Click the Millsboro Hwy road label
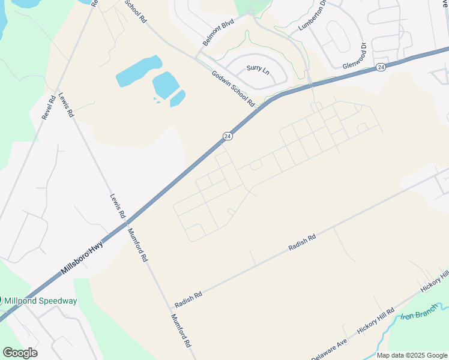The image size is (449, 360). coord(82,258)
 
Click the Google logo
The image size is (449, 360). coord(20,353)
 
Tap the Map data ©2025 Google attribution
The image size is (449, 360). coord(412,355)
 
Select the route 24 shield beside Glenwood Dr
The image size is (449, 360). coord(381,68)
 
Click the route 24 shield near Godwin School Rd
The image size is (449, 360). coord(227,136)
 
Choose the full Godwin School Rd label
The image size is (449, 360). coord(234,89)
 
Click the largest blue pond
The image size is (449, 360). coord(139,71)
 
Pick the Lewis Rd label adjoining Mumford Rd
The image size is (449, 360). coord(117,206)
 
